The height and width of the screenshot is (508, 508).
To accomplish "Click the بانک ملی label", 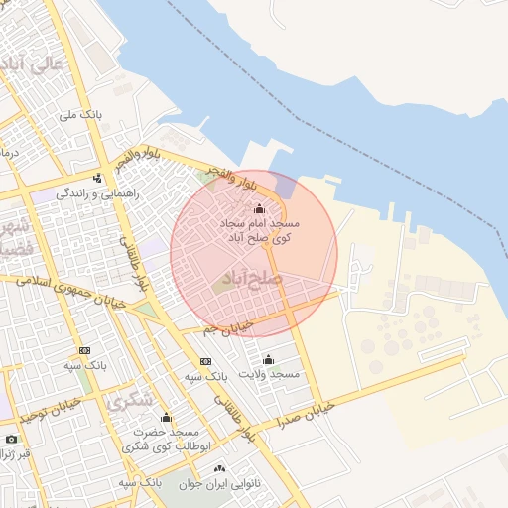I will (80, 116).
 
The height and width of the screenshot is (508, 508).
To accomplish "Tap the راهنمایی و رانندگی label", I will (96, 193).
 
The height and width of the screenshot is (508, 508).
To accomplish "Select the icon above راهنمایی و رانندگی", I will (97, 179).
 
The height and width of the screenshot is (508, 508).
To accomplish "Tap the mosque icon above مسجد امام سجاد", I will (260, 209).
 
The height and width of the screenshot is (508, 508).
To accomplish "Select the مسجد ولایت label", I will (268, 374).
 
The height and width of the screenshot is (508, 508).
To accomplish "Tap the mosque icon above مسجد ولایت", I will (268, 359).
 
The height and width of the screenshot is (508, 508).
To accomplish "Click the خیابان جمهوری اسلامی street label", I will (74, 296).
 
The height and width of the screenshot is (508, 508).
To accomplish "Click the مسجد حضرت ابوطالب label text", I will (164, 440).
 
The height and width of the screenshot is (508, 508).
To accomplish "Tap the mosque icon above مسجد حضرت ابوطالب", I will (166, 418).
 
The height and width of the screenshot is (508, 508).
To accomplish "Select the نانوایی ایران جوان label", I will (219, 483).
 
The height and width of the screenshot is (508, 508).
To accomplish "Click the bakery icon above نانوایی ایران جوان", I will (219, 468).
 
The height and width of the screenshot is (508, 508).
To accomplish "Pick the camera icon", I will (11, 439).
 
